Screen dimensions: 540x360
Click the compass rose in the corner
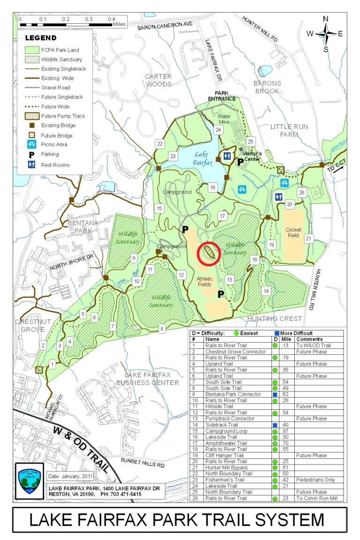tap(325, 33)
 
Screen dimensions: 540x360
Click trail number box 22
tap(160, 143)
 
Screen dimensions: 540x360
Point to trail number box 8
tap(162, 328)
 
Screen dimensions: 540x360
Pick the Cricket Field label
tap(293, 233)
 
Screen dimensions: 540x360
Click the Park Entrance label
tap(222, 96)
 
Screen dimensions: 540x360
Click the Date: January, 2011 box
tap(70, 476)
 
